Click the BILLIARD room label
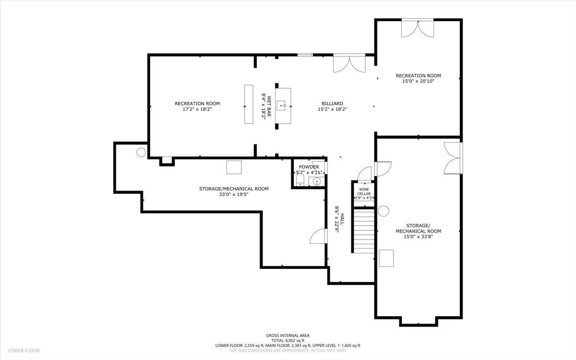[x=332, y=103]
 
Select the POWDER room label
[x=309, y=167]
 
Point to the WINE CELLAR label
[x=364, y=192]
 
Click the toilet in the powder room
[x=300, y=180]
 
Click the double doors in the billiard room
[x=349, y=63]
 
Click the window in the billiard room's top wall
[x=305, y=55]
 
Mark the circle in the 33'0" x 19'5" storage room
[x=141, y=152]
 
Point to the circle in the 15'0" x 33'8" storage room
[x=384, y=211]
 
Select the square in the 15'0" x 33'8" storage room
[x=386, y=258]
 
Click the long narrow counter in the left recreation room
[x=248, y=105]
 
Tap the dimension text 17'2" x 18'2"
[x=197, y=109]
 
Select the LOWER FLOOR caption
[x=24, y=351]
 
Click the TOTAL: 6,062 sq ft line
[x=288, y=340]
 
